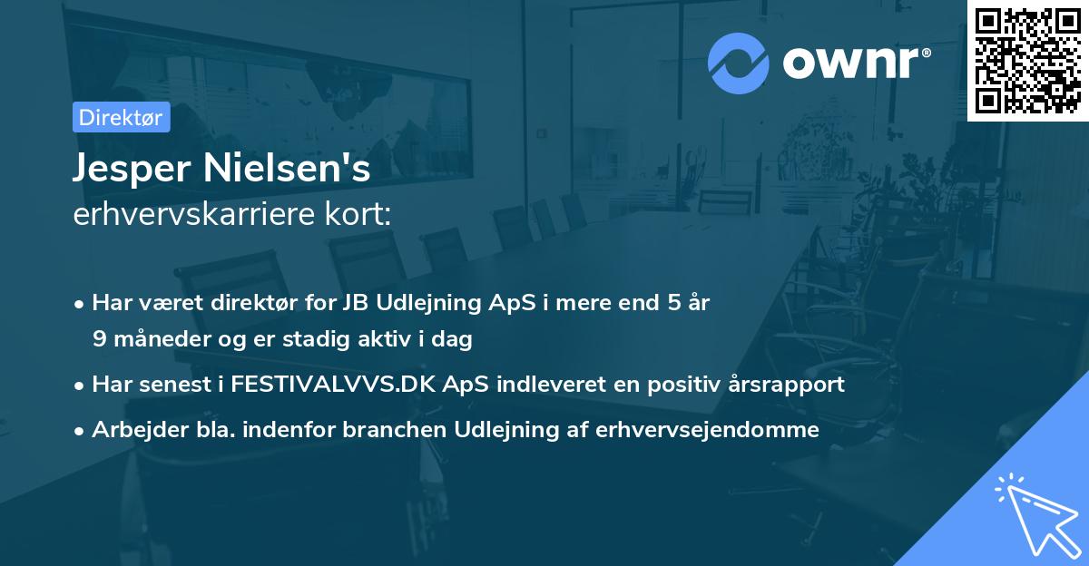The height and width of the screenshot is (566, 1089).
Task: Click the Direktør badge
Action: pos(121,117)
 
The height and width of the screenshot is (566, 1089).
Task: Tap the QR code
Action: pos(1028,60)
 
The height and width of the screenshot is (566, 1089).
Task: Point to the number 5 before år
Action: pos(673,302)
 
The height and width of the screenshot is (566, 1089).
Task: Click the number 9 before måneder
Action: pos(99,339)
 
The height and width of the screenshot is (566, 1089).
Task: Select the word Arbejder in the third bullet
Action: pos(132,430)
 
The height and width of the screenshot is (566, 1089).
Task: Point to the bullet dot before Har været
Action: pos(81,303)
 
